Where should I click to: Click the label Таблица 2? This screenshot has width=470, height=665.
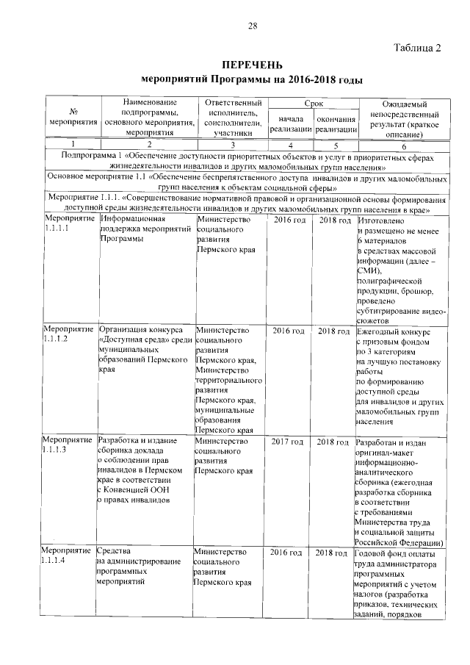point(417,49)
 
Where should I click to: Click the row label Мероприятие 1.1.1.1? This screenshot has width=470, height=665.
point(70,225)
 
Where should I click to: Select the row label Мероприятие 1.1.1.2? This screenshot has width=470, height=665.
point(70,334)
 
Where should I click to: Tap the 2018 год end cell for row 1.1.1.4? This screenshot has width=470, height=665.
point(333,552)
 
